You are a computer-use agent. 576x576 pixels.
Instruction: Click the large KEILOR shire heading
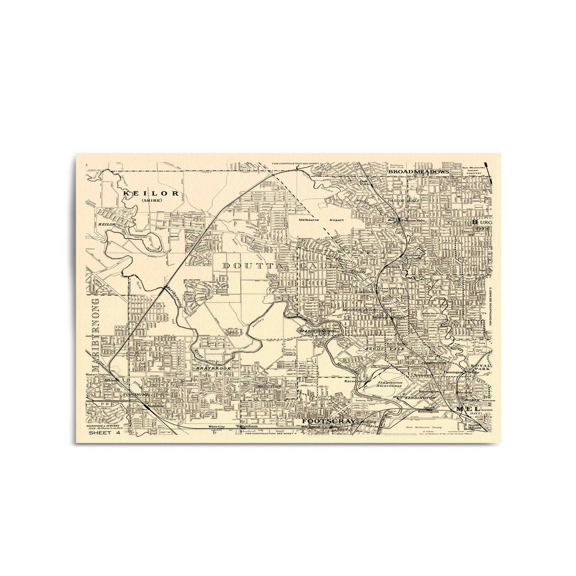click(x=151, y=193)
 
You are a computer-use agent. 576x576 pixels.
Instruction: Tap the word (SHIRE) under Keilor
click(x=150, y=201)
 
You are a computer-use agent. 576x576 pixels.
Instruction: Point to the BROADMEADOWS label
click(x=418, y=171)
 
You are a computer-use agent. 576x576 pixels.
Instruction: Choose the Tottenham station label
click(x=247, y=426)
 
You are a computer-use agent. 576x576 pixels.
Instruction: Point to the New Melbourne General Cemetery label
click(x=475, y=171)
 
